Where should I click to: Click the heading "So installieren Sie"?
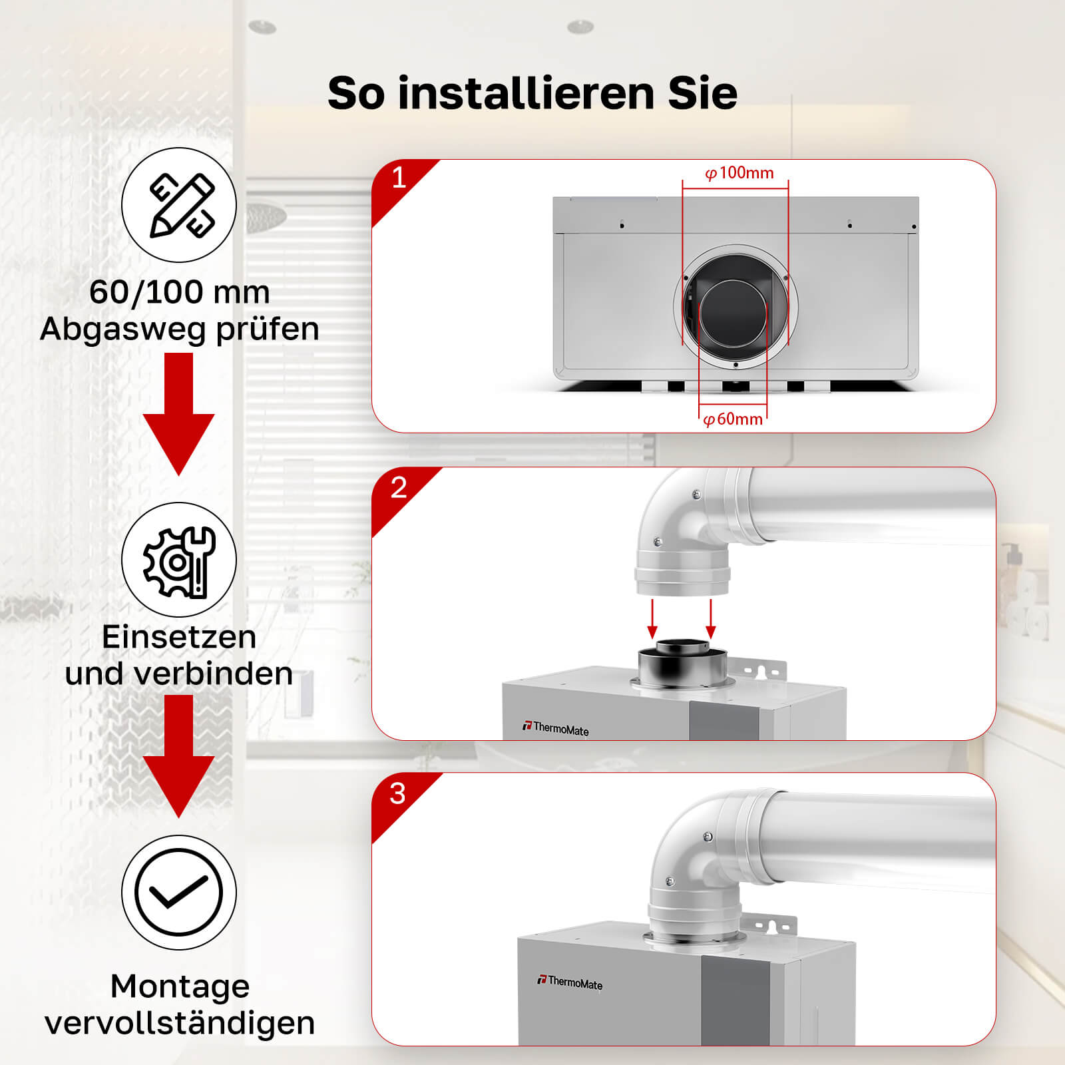click(x=532, y=93)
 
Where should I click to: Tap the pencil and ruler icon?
click(x=179, y=205)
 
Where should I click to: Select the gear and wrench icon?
click(x=179, y=560)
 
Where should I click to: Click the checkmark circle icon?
click(x=179, y=893)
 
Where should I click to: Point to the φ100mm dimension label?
click(x=740, y=173)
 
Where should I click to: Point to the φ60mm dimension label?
click(x=733, y=419)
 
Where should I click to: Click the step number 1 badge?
click(x=399, y=178)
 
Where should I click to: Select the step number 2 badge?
click(x=399, y=488)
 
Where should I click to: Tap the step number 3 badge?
click(x=398, y=793)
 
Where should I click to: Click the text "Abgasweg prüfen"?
click(x=180, y=329)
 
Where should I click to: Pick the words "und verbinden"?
click(x=179, y=674)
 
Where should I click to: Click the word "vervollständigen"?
click(x=180, y=1023)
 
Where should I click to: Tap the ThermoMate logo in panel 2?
click(x=556, y=728)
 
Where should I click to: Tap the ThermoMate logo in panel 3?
click(x=570, y=982)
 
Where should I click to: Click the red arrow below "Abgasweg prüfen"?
click(x=179, y=414)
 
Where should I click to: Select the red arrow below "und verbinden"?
click(x=179, y=757)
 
